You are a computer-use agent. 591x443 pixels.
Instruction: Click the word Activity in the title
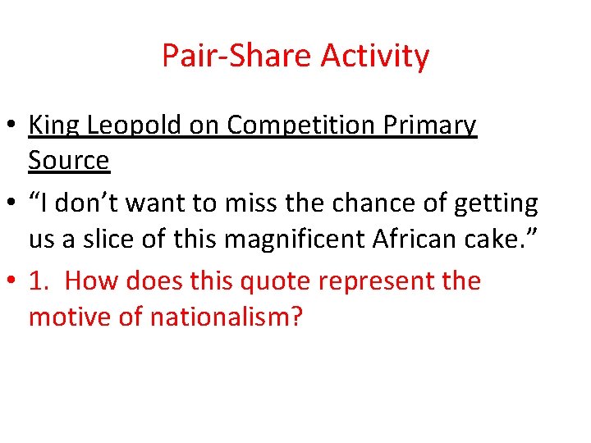pyautogui.click(x=375, y=57)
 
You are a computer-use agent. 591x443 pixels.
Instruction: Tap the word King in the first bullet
pyautogui.click(x=54, y=126)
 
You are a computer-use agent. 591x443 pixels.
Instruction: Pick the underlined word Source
pyautogui.click(x=69, y=161)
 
